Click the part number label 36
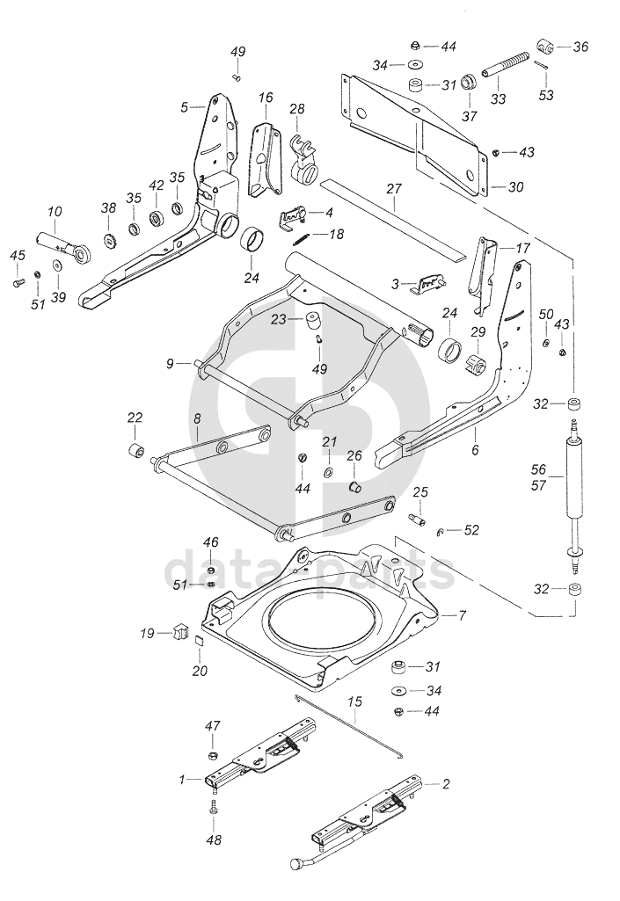[581, 47]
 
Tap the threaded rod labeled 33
[506, 64]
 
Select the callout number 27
[394, 189]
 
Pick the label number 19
[147, 633]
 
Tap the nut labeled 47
[212, 754]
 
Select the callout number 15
[355, 701]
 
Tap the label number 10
[55, 212]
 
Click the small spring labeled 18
[302, 235]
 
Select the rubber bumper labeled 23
[314, 321]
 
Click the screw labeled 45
[18, 281]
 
